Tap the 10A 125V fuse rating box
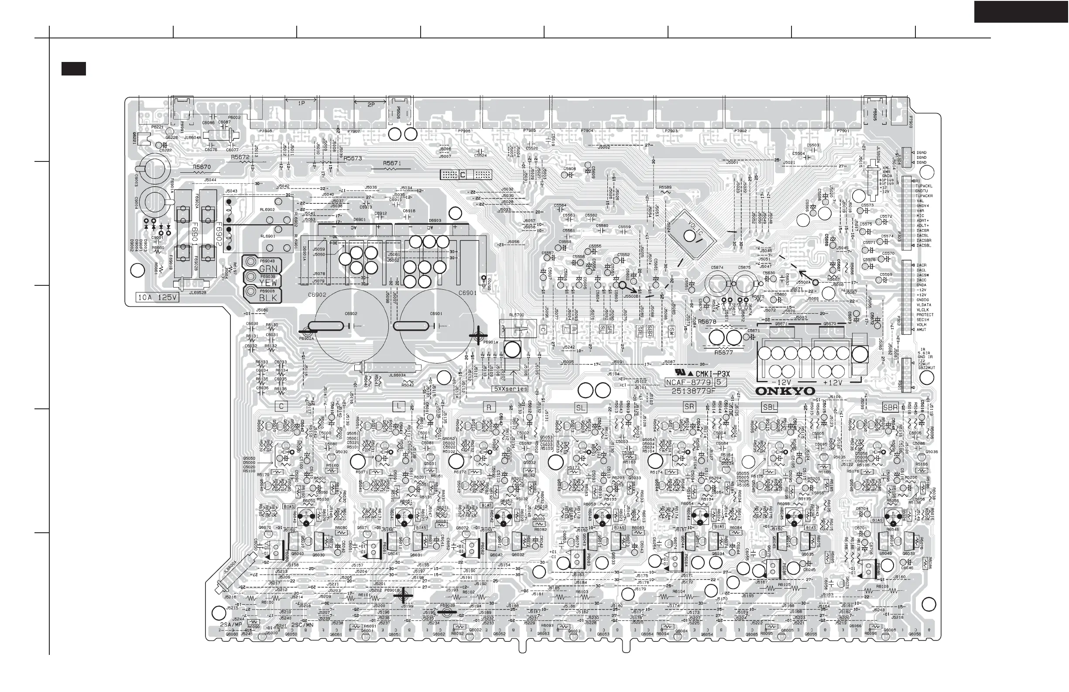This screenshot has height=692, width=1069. coord(157,297)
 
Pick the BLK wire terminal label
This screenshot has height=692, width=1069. coord(268,298)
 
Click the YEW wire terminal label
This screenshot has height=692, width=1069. coord(268,283)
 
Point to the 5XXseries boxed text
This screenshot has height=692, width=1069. coord(511,389)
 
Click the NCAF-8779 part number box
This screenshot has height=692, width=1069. coord(689,382)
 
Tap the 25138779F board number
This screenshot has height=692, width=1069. coord(693,391)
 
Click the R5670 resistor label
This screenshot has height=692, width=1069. coord(202,167)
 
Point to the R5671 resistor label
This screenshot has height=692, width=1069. coord(392,164)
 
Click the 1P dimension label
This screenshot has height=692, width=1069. coord(302,103)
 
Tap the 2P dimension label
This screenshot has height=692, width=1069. coord(370,105)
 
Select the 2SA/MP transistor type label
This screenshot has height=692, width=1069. coord(231,625)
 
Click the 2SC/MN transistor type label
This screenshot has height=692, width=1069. coord(302,625)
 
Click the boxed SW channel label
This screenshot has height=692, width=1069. coord(672,332)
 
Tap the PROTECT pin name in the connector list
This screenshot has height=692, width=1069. coord(925,315)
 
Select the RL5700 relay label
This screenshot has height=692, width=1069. coord(517,315)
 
